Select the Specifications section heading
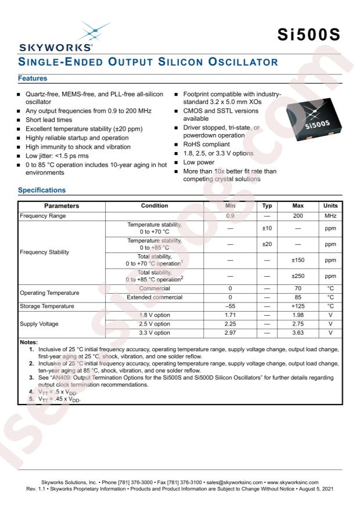42,190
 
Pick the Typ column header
267,205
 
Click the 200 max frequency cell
298,216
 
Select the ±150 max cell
298,261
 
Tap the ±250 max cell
298,276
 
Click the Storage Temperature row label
47,306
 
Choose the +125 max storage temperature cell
298,306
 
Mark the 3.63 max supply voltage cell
298,333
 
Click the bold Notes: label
28,342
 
